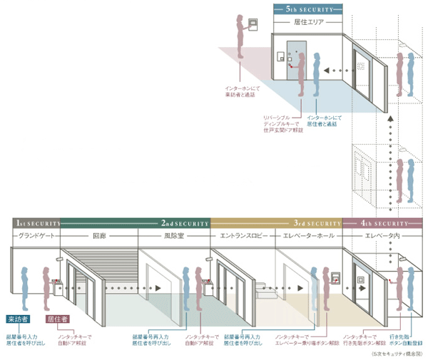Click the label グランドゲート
pos(36,235)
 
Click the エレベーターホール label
pos(308,235)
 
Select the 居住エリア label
pos(307,23)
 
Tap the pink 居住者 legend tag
pos(56,319)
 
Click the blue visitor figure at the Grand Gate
pos(25,285)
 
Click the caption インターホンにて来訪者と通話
pos(239,90)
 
